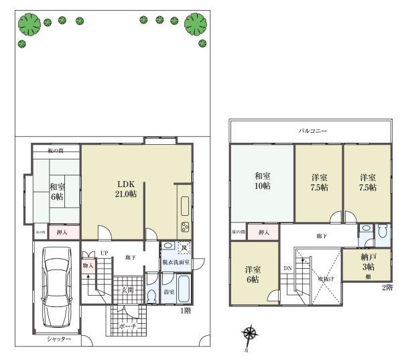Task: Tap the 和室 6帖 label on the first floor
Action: point(56,192)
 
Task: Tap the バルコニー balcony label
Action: point(312,131)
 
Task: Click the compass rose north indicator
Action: point(250,333)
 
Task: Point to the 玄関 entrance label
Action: point(127,290)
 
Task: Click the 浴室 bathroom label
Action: point(169,292)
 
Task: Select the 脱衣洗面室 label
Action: point(176,261)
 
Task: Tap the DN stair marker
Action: point(287,269)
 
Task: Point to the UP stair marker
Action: point(104,253)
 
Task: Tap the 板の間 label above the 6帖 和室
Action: point(55,151)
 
